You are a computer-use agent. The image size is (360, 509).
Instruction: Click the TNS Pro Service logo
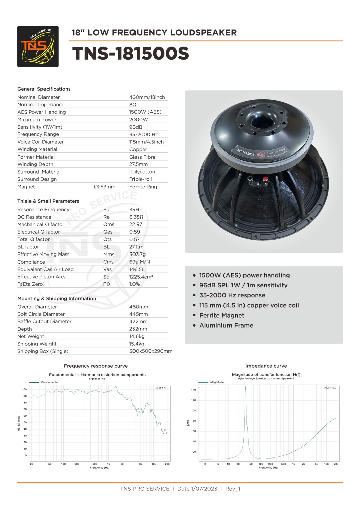tap(38, 46)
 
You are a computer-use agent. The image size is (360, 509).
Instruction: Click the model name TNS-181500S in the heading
tap(130, 54)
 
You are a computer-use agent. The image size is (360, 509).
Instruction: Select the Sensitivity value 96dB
tap(136, 127)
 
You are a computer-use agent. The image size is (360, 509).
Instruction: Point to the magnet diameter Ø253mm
tap(104, 187)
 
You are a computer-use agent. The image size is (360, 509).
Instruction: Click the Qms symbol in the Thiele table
tap(109, 224)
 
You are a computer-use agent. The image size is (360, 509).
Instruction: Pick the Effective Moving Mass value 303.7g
tap(137, 254)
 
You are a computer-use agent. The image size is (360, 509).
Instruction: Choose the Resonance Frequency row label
tap(43, 210)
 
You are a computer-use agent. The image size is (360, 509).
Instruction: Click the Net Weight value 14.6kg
tap(137, 336)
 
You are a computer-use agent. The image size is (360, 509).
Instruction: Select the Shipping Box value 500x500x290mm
tap(151, 351)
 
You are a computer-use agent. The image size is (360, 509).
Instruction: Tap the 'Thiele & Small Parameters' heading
tap(48, 201)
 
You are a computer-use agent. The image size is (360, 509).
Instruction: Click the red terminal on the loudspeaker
tap(265, 179)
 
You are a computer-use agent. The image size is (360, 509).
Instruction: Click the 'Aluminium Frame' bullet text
tap(226, 325)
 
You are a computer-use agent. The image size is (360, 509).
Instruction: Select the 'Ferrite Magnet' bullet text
tap(222, 315)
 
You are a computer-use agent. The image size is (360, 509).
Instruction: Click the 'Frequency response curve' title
tap(96, 366)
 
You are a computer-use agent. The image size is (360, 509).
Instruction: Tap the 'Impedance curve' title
tap(266, 366)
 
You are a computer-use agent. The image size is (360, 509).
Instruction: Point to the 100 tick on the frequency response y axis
tap(24, 389)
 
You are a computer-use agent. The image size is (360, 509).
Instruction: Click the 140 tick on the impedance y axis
tap(194, 390)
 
